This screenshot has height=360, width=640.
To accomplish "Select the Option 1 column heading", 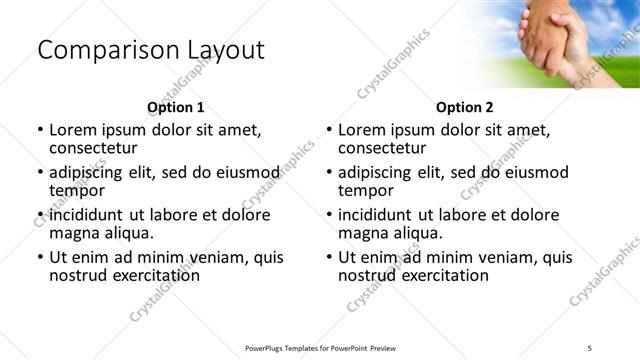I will [176, 108].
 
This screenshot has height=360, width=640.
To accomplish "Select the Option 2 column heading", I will [465, 108].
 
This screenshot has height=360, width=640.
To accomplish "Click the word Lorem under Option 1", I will [73, 130].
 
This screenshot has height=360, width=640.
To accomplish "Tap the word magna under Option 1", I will [73, 233].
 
